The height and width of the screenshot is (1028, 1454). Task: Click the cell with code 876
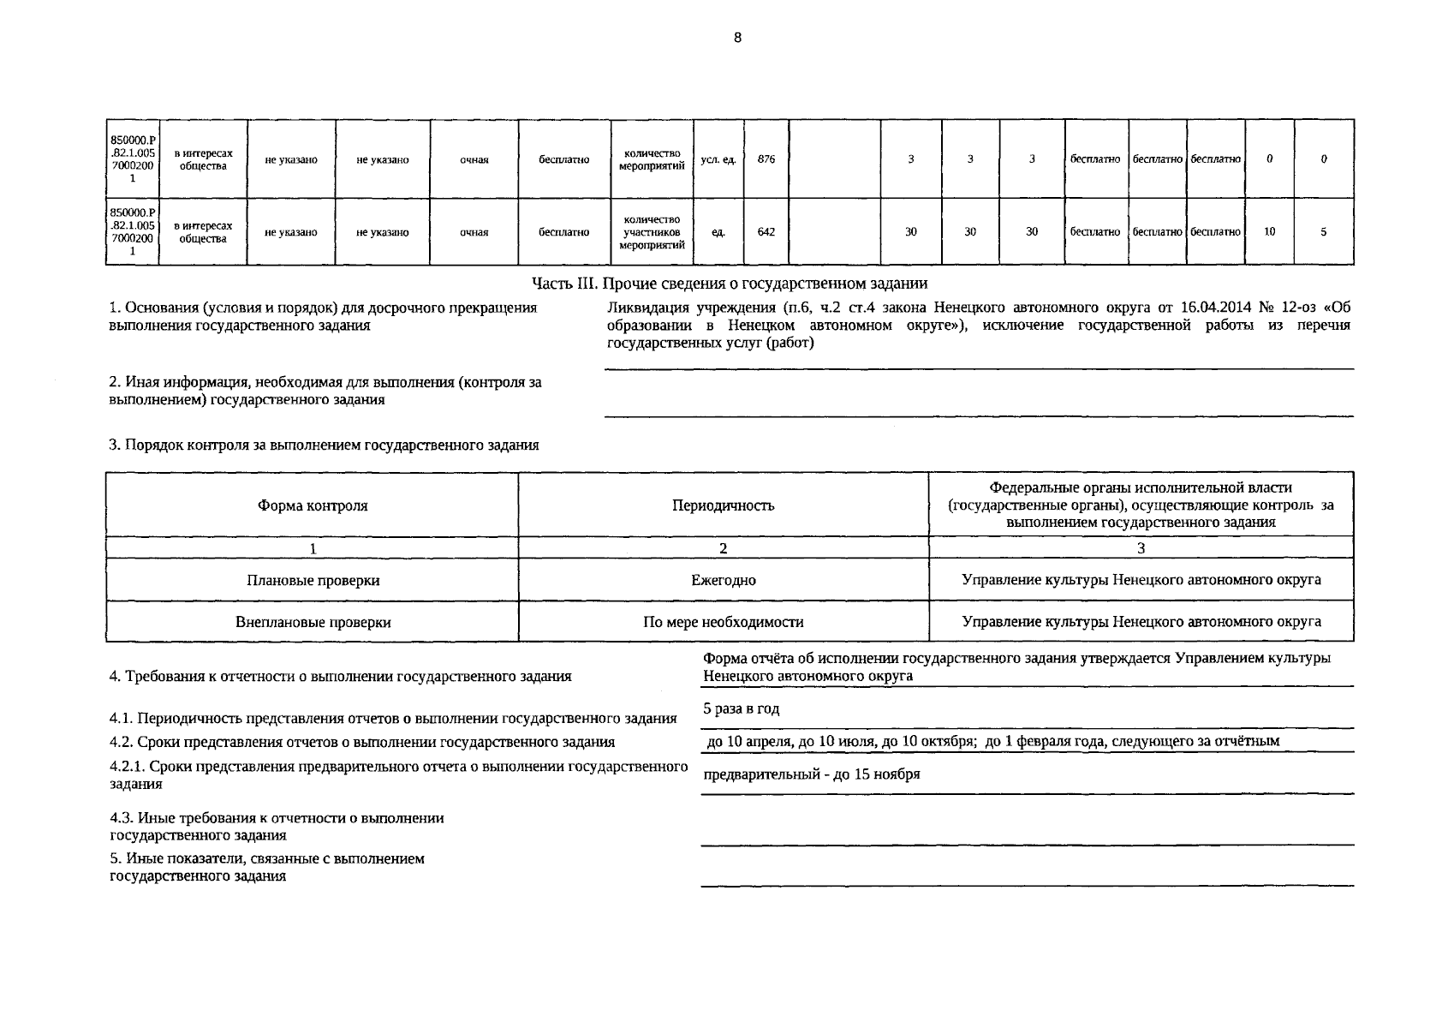pos(766,159)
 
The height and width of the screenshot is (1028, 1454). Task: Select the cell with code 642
pos(766,232)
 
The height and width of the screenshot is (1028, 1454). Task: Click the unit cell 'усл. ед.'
pos(718,159)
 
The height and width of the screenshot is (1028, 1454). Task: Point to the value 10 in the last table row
pos(1269,232)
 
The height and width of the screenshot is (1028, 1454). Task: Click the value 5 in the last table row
pos(1323,232)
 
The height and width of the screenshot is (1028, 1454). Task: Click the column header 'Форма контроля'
pos(313,505)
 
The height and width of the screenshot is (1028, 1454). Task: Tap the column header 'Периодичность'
pos(723,505)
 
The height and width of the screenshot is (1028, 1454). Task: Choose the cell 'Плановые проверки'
pos(313,581)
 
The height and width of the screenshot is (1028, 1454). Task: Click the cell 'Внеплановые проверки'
pos(313,623)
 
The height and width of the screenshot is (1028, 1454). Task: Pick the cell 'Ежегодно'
pos(723,581)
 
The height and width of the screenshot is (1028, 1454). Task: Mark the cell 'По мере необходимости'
pos(723,623)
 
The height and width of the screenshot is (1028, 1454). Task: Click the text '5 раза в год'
pos(741,709)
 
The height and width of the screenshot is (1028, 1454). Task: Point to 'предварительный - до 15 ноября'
pos(811,774)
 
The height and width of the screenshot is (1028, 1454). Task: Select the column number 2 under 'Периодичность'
pos(723,548)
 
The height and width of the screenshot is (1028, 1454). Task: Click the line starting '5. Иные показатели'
pos(267,859)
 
